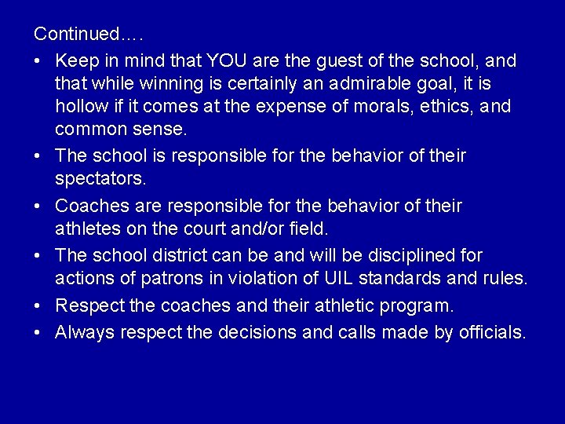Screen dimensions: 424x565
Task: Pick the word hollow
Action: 80,106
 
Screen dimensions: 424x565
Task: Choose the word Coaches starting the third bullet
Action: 91,207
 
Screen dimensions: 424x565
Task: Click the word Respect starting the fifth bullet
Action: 88,305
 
